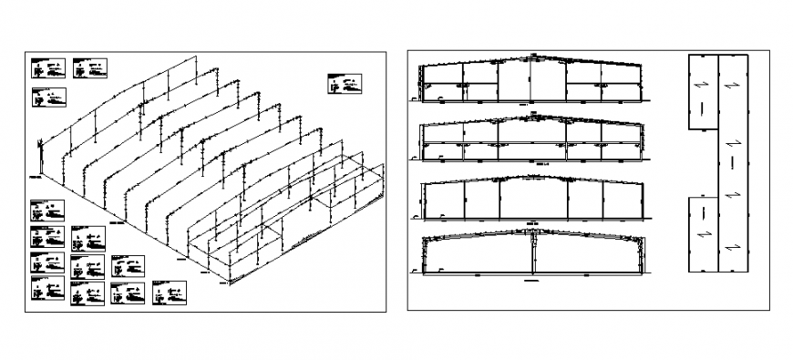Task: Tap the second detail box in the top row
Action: [x=90, y=67]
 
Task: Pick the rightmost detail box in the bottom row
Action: [x=170, y=293]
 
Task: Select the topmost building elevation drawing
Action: [x=529, y=80]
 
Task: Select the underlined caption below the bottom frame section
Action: [x=531, y=283]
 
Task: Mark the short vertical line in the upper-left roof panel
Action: [x=703, y=108]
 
